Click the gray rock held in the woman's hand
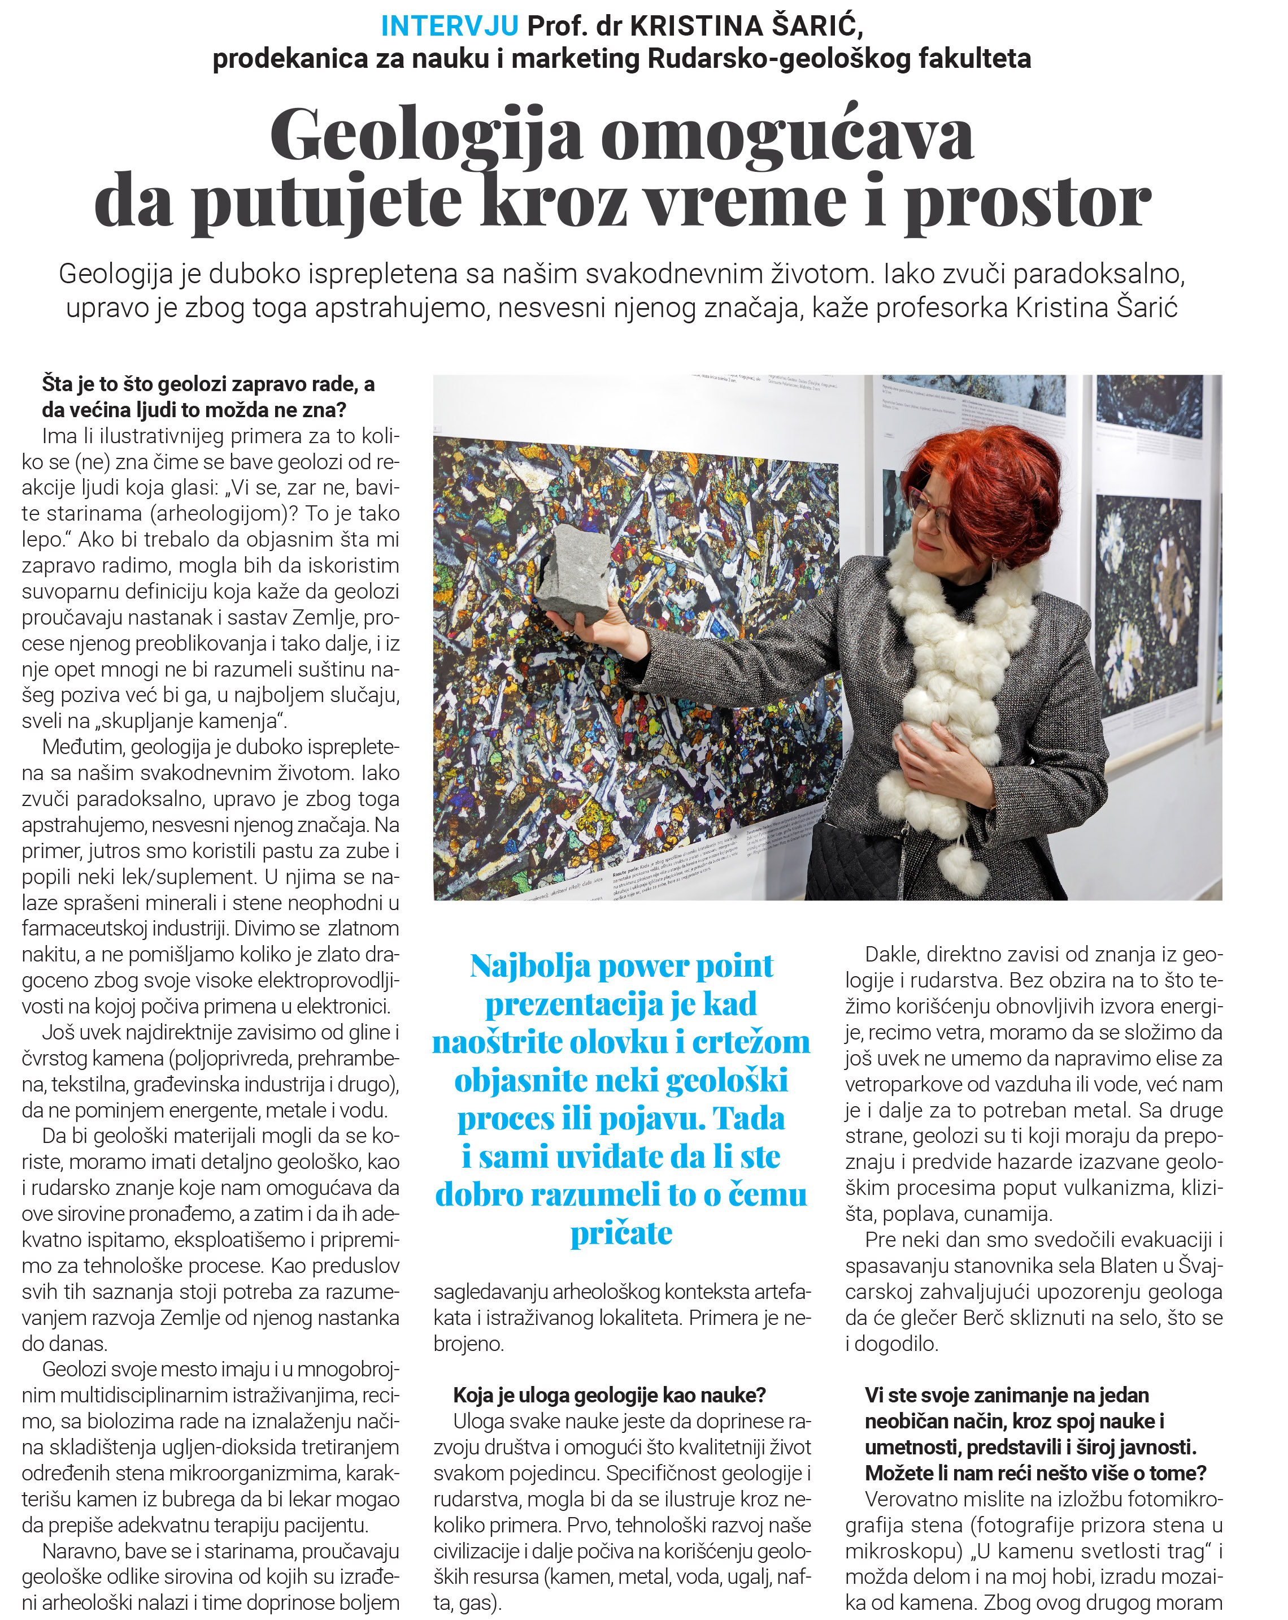[573, 573]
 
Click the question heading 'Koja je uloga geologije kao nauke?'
[609, 1396]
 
